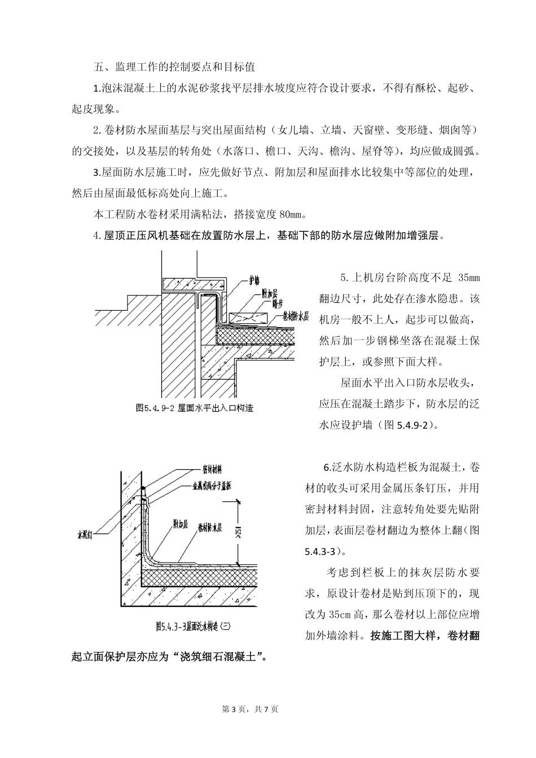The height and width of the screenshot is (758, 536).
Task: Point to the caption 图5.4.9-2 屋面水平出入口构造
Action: click(194, 408)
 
